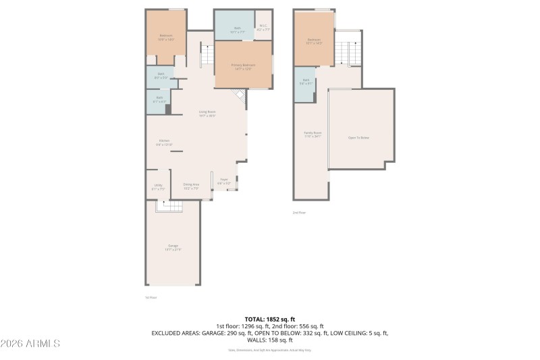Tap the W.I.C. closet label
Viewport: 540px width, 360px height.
coord(263,29)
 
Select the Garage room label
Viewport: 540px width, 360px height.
coord(173,247)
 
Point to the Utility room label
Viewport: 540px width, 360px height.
coord(158,186)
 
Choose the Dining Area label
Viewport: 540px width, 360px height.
coord(191,186)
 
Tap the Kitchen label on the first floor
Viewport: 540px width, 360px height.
coord(164,143)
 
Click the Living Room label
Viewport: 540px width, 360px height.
coord(207,113)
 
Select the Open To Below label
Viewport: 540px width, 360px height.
coord(358,137)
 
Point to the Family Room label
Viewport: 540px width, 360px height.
coord(312,134)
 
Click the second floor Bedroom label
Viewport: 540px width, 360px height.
coord(314,41)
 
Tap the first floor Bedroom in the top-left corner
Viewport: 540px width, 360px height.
coord(166,37)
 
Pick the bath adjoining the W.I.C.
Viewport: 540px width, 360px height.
coord(234,29)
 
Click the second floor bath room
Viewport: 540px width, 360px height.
coord(305,84)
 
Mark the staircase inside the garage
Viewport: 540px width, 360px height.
coord(169,207)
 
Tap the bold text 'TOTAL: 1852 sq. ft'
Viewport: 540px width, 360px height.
coord(269,319)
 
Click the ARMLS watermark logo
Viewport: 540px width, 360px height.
coord(30,344)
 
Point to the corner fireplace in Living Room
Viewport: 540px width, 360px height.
coord(238,95)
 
